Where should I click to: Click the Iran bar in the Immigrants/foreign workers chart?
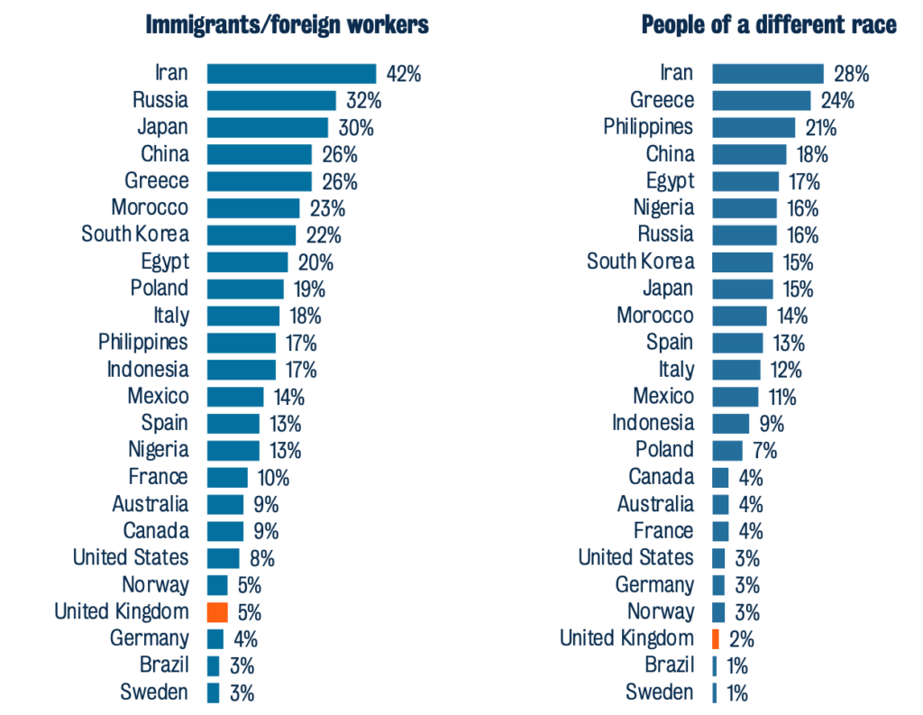point(291,74)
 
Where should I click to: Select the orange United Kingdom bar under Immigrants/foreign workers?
point(216,612)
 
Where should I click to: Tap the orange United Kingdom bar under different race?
point(715,639)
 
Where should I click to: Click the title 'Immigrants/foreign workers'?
point(287,25)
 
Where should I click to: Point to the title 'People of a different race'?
point(769,25)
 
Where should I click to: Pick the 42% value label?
point(402,74)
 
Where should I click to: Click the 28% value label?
point(851,74)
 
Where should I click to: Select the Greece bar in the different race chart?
point(762,100)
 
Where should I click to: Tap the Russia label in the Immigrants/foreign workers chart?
point(160,100)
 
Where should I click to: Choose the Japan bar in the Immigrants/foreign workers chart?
point(268,127)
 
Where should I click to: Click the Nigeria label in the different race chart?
point(663,208)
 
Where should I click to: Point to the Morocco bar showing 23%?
point(253,208)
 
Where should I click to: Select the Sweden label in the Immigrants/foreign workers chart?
point(154,692)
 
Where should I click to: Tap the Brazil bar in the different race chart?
point(715,666)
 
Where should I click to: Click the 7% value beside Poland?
point(763,450)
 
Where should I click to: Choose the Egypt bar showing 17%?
point(745,181)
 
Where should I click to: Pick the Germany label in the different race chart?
point(654,585)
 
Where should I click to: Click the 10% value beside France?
point(271,477)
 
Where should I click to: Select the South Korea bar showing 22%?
point(251,235)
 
